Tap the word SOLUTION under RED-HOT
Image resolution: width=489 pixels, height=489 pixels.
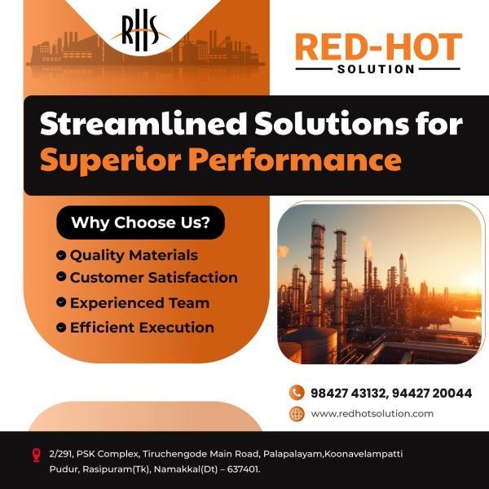[376, 69]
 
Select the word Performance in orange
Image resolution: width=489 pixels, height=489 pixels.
[295, 160]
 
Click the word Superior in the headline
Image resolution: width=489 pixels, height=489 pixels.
[111, 161]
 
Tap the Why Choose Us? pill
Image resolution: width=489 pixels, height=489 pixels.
[141, 222]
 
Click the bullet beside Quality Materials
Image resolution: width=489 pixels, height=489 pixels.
[61, 255]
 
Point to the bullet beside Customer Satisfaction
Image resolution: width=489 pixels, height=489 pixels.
[61, 276]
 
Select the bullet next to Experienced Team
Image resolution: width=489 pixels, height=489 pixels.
[61, 302]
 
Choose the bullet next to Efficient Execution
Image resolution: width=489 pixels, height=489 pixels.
[61, 327]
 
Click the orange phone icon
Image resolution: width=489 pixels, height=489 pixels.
[297, 393]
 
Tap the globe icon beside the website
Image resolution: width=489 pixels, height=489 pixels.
[297, 414]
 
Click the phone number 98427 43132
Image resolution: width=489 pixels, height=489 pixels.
[348, 394]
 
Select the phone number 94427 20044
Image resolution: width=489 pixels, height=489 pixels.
[432, 394]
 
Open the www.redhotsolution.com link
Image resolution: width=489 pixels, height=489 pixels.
[372, 414]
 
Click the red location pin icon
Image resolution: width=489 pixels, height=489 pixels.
[37, 455]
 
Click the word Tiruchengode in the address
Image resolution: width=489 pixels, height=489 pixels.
[174, 455]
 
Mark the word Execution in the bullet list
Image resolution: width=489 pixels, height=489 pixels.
[177, 328]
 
